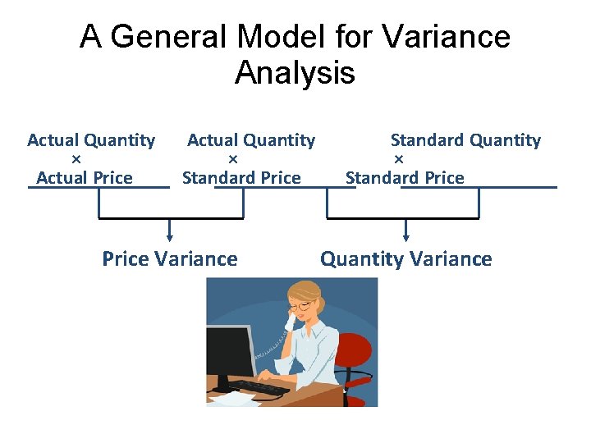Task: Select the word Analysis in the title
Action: pos(295,74)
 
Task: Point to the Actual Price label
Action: pos(85,177)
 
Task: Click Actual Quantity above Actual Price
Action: pos(91,140)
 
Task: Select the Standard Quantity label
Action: pos(465,140)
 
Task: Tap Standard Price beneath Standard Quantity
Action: pos(405,177)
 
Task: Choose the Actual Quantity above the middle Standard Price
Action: pos(251,140)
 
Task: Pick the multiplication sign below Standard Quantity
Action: pos(399,158)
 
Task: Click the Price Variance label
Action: pos(170,259)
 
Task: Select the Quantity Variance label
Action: pos(406,259)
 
